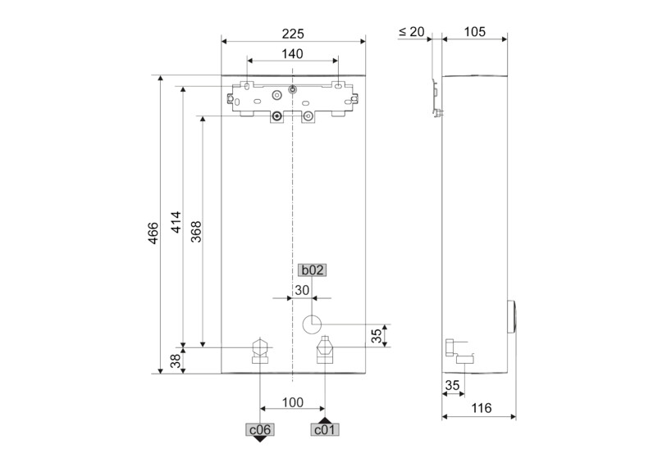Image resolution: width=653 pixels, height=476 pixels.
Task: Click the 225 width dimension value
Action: point(293,34)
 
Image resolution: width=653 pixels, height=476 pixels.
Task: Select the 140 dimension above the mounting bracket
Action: point(293,54)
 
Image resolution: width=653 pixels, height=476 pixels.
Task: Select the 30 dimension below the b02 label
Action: point(302,289)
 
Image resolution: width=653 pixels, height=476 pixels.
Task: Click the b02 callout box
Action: point(311,270)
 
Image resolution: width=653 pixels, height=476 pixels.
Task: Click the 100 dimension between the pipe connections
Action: point(293,402)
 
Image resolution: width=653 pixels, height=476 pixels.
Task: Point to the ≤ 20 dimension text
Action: point(411,32)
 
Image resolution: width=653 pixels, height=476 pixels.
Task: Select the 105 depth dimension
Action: point(473,32)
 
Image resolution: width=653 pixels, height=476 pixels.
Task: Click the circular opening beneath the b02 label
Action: point(312,324)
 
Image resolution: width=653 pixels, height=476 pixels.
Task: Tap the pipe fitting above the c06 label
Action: point(260,349)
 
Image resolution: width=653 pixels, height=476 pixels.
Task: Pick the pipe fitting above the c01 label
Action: point(325,350)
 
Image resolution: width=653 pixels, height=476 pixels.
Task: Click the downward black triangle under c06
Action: point(260,438)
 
